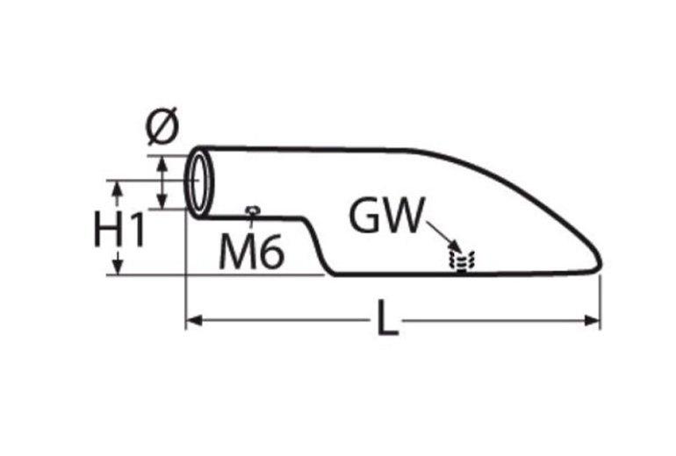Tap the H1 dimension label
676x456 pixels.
click(119, 232)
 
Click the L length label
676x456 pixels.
click(384, 321)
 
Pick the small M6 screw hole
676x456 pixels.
click(253, 210)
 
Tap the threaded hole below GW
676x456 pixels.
click(461, 260)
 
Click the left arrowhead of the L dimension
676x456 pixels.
click(191, 321)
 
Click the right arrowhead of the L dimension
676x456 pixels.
click(594, 321)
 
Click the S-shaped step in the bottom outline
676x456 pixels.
click(318, 246)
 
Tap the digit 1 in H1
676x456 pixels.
click(135, 232)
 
